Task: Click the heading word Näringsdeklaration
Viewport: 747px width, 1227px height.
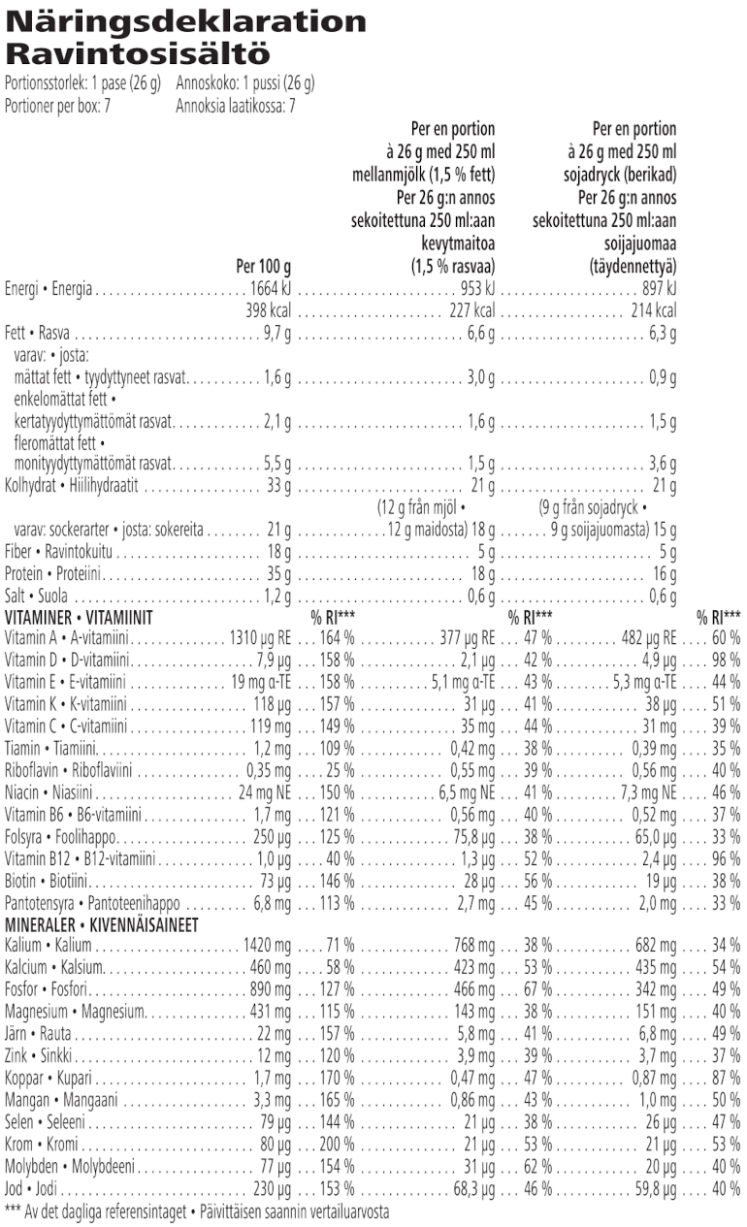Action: (x=185, y=21)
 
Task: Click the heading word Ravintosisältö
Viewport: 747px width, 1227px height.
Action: (x=137, y=52)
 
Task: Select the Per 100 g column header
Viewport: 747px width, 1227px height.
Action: (x=263, y=264)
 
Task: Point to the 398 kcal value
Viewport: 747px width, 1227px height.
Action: (x=267, y=310)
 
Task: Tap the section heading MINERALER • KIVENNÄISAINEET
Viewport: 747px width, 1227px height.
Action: (x=101, y=924)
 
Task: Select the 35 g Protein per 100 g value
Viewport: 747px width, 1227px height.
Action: (x=278, y=573)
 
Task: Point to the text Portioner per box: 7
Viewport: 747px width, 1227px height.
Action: (x=58, y=106)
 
